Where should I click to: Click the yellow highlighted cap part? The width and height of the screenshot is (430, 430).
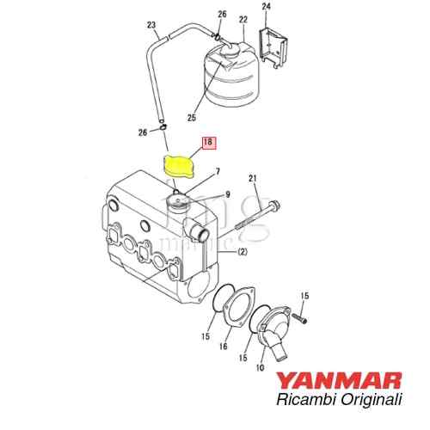179,167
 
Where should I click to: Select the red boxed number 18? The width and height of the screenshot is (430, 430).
209,143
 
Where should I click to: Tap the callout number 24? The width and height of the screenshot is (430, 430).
266,7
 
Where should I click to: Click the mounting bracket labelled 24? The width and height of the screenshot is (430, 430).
273,47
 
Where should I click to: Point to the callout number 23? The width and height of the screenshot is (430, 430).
151,26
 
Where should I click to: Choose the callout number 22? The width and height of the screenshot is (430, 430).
243,20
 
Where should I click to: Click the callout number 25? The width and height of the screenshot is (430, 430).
192,118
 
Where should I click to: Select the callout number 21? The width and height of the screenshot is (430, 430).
252,179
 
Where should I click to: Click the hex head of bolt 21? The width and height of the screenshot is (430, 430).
274,205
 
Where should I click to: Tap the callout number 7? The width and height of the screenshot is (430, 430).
218,172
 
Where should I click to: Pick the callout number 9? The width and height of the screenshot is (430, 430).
228,195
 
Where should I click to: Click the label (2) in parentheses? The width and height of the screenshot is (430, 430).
243,252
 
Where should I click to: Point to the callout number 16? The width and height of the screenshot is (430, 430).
223,347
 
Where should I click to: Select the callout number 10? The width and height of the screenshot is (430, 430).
260,368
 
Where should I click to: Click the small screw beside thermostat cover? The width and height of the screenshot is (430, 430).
300,317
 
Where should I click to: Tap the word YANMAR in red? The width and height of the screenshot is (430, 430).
339,381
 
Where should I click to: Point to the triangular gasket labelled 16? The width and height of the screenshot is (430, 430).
238,304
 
